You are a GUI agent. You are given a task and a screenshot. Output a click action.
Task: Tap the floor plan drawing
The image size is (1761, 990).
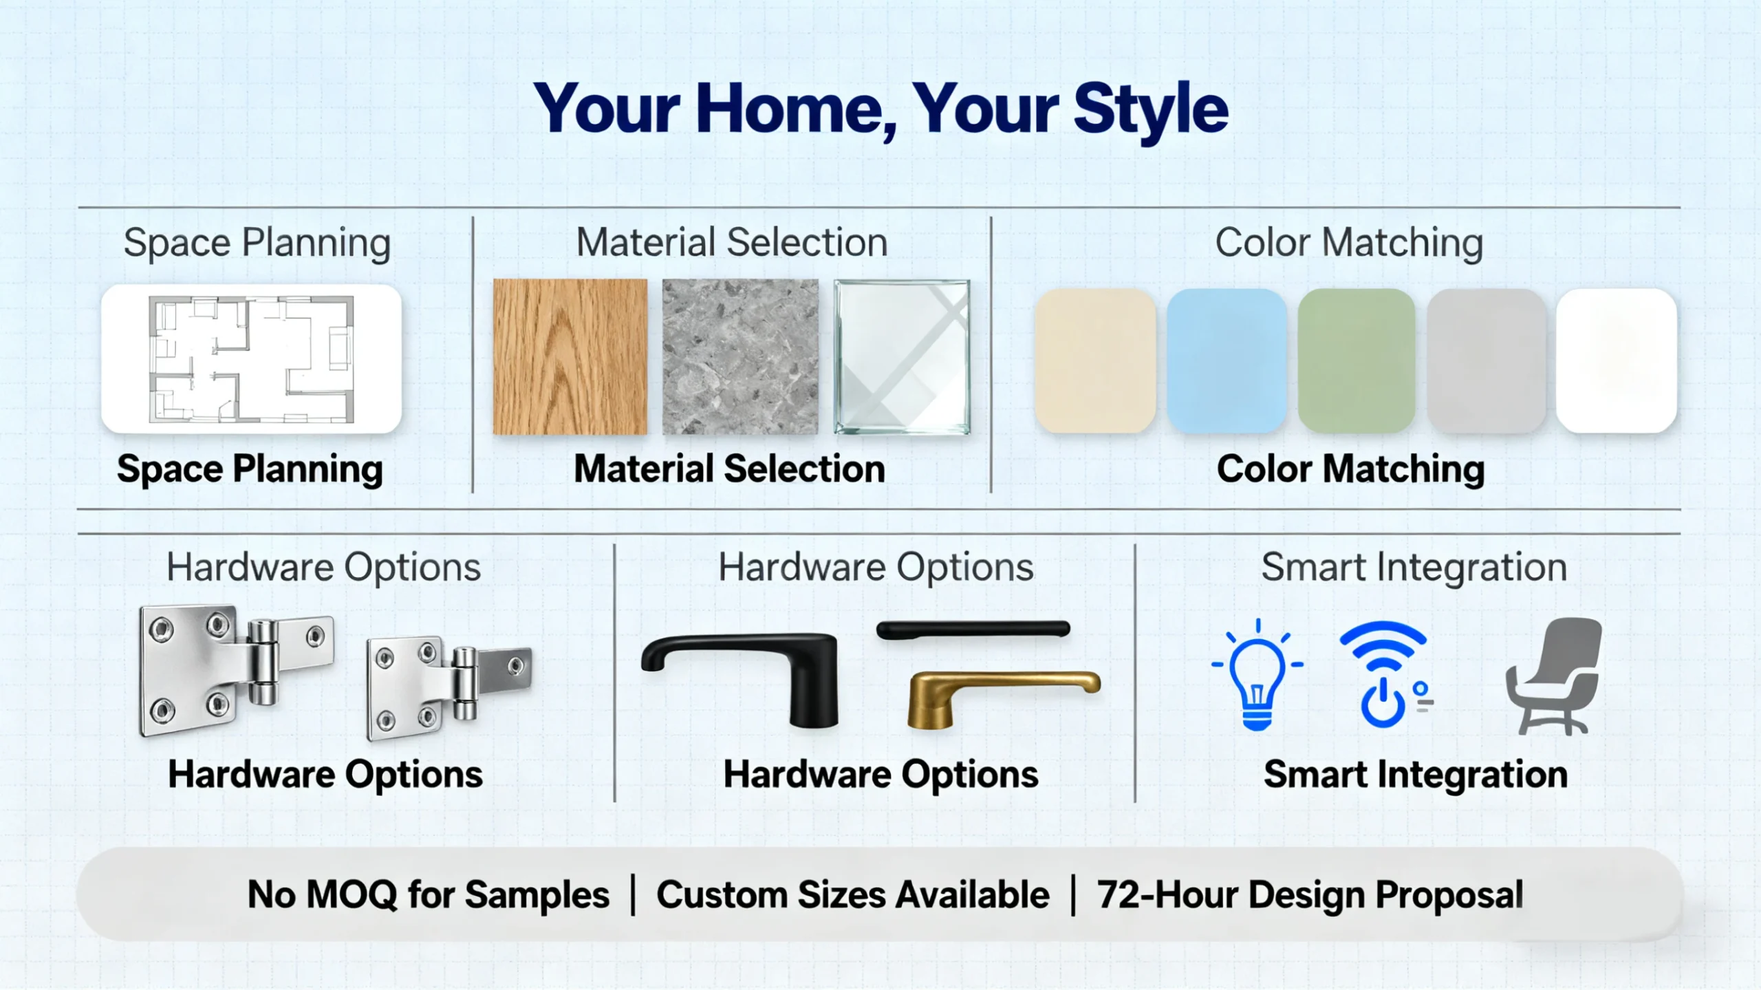[252, 359]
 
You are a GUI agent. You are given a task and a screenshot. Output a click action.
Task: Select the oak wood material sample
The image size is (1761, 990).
[570, 356]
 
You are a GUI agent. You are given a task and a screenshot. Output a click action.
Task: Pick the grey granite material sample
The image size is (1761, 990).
[740, 356]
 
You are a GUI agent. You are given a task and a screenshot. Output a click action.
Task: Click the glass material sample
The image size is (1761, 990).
[902, 356]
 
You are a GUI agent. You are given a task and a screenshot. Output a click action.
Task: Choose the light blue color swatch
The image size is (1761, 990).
[1227, 361]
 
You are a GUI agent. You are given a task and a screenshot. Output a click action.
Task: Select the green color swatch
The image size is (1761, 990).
[1356, 361]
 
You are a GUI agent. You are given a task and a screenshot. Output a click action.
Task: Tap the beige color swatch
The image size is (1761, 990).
[1095, 361]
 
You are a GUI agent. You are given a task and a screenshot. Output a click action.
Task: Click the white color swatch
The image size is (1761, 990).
[1616, 361]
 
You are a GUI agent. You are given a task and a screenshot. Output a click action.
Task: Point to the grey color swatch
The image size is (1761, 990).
[1486, 361]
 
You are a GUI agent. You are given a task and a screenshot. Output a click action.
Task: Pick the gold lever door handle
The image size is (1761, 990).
[991, 695]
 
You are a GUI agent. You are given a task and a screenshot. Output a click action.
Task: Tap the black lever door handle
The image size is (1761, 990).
[757, 671]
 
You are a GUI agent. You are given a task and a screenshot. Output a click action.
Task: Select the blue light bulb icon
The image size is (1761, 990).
[1257, 674]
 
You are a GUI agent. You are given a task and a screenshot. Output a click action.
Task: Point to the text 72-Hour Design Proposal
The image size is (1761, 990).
[1310, 895]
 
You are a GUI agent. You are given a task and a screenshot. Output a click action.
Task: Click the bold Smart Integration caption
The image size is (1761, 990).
[1416, 775]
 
